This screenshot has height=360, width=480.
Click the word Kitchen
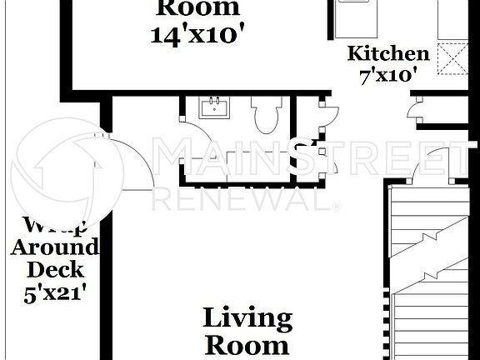click(388, 54)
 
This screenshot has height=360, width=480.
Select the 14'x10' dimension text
click(197, 34)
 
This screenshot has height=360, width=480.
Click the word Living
click(247, 317)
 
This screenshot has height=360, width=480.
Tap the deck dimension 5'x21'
click(55, 292)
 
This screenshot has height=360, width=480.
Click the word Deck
click(55, 269)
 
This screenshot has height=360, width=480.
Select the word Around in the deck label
click(55, 247)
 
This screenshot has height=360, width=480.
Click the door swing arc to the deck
click(133, 167)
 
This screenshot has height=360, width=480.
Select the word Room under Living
click(247, 344)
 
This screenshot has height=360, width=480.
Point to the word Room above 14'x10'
click(197, 8)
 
